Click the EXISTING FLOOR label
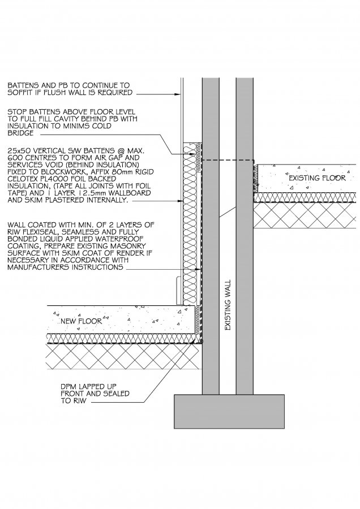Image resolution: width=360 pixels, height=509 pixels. pos(317,178)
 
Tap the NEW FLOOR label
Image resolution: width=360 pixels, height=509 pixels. pos(82,321)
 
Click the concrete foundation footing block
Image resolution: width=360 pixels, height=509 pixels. pos(229,411)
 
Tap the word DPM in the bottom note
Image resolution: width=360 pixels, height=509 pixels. pos(68,387)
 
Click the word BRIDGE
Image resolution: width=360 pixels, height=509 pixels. pos(20,133)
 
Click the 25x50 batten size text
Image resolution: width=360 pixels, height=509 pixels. pos(19,150)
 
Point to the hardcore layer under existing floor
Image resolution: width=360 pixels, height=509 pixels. pos(306,215)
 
